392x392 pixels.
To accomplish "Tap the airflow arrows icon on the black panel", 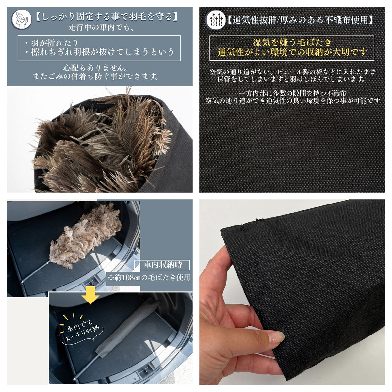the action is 216,20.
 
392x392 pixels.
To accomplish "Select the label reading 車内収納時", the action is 163,265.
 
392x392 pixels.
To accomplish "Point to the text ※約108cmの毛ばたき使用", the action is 149,277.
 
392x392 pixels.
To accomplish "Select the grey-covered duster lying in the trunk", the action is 127,328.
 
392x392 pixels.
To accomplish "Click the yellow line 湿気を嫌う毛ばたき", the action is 292,43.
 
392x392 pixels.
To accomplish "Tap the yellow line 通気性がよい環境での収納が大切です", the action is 292,52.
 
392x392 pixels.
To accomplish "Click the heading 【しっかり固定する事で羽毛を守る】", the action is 106,17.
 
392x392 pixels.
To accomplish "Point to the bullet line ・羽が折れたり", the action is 52,43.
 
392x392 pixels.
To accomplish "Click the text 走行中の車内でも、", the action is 101,27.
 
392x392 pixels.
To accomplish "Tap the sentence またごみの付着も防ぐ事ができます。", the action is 96,76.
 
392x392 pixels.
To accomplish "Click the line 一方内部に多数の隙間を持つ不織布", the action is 292,93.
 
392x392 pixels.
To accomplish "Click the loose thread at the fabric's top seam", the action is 260,219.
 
